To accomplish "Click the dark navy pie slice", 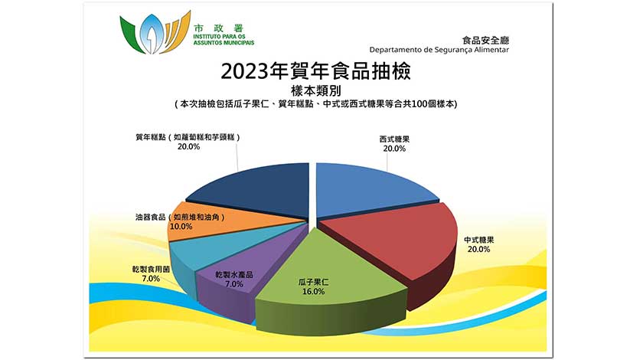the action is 263,189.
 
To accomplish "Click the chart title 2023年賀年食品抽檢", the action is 315,71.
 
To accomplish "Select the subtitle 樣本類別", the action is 315,90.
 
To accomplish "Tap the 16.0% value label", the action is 313,292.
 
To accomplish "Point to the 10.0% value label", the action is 181,226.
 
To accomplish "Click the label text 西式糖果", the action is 394,139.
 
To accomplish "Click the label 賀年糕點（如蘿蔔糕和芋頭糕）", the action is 188,137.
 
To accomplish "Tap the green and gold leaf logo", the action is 155,32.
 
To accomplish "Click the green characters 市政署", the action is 219,28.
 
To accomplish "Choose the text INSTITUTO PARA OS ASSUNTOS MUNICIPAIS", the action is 224,39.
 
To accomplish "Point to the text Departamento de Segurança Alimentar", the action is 439,50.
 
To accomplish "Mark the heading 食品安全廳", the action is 485,41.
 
